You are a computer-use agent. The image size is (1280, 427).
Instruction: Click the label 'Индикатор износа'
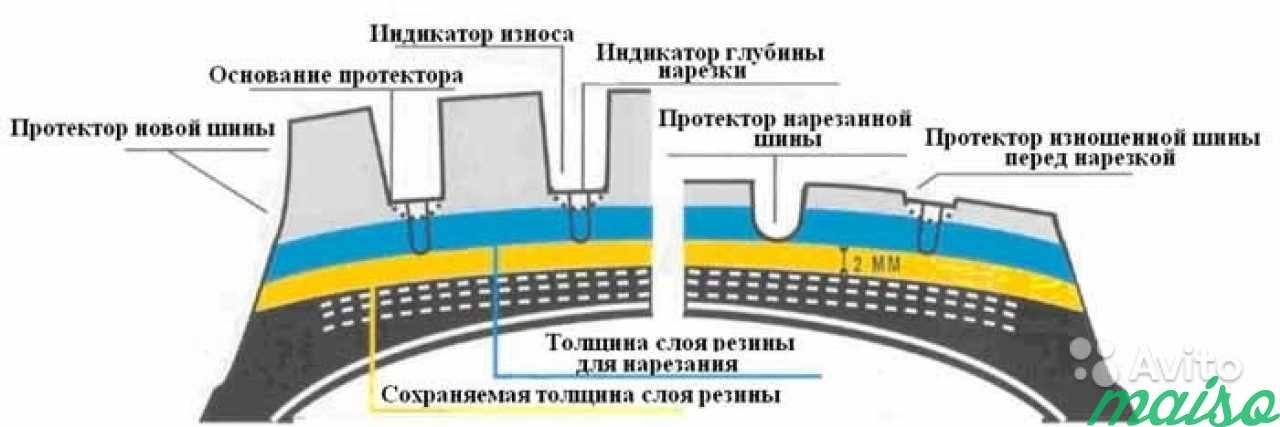[x=471, y=33]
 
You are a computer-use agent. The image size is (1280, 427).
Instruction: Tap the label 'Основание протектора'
[x=337, y=76]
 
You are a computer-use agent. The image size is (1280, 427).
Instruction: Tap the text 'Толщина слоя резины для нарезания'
[x=671, y=352]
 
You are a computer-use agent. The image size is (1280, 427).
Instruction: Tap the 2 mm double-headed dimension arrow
[x=846, y=260]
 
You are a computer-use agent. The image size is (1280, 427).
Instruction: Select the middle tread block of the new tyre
[x=494, y=150]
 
